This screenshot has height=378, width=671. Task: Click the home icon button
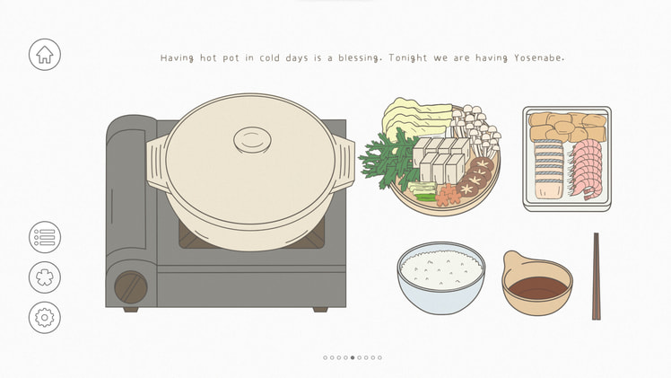click(44, 55)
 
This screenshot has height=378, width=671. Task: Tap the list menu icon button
click(44, 238)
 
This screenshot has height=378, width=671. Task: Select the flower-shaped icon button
click(44, 277)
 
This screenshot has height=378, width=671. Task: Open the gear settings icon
click(44, 317)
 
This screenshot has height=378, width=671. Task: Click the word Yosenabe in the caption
click(538, 58)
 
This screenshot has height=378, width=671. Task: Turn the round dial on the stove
click(130, 287)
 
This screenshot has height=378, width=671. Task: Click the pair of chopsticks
click(596, 276)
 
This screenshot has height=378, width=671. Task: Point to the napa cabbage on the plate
click(414, 119)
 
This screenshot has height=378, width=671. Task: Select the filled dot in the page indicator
click(353, 357)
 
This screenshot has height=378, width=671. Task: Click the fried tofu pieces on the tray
click(566, 127)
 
